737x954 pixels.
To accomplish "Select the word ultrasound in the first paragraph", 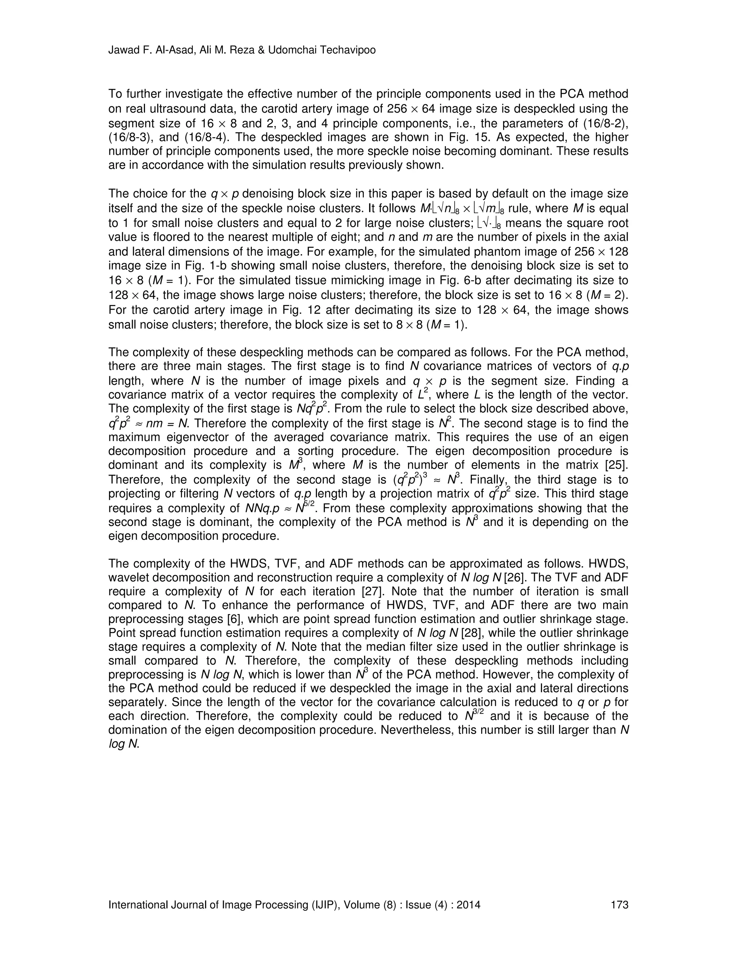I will coord(166,109).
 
